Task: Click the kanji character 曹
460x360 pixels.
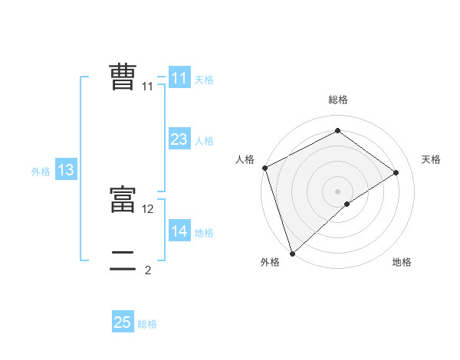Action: click(x=123, y=77)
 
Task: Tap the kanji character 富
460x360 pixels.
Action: click(x=123, y=199)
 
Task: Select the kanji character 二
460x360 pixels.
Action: click(x=123, y=261)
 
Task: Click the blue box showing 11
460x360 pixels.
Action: click(x=179, y=78)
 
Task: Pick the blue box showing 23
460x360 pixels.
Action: click(x=179, y=139)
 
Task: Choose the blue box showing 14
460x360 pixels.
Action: click(x=179, y=231)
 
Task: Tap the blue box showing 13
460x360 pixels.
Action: click(x=66, y=170)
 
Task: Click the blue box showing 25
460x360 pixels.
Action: click(x=123, y=322)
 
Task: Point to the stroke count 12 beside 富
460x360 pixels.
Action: click(x=148, y=208)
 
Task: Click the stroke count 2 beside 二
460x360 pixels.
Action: click(x=148, y=270)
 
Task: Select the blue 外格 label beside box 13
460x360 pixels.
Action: click(x=41, y=172)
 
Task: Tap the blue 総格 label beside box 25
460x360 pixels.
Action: click(x=147, y=324)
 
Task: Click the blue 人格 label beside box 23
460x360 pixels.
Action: click(x=204, y=141)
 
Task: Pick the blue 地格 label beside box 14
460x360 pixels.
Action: click(x=204, y=233)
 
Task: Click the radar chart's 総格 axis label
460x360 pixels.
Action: click(x=338, y=100)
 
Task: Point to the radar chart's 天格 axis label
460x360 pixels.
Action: click(x=432, y=159)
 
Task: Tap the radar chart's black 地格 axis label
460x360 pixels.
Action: click(x=402, y=262)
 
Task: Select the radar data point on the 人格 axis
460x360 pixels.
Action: click(x=264, y=168)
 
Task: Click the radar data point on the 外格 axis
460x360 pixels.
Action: click(x=291, y=252)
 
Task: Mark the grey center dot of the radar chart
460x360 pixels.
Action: click(x=338, y=191)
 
